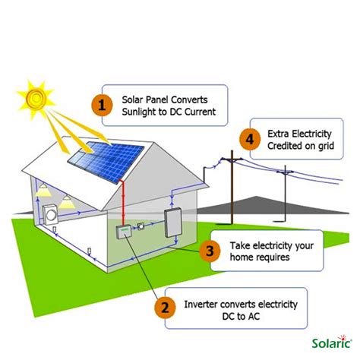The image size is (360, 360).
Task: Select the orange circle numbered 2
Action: coord(163,308)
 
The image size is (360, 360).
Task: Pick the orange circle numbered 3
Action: coord(212,251)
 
